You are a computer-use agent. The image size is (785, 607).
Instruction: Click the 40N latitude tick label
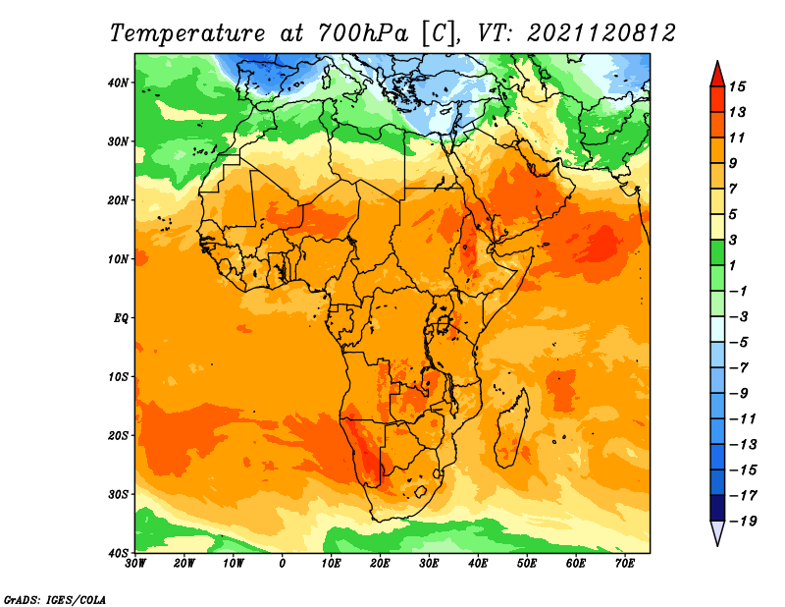[x=118, y=83]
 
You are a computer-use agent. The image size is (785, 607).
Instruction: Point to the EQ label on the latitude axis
[x=121, y=318]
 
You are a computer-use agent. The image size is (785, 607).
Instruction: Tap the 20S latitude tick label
[x=118, y=435]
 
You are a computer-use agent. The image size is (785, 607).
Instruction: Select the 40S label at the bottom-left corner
[x=118, y=553]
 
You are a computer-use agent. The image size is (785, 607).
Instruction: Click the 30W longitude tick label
[x=135, y=564]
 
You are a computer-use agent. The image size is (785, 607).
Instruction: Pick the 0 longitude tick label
[x=283, y=564]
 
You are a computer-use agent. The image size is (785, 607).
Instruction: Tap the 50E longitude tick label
[x=527, y=564]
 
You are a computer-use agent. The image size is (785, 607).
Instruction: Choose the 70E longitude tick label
[x=624, y=564]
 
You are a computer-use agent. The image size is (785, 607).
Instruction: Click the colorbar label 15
[x=737, y=86]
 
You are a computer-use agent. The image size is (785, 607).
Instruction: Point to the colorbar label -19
[x=743, y=521]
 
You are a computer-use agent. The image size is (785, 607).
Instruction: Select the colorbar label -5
[x=739, y=343]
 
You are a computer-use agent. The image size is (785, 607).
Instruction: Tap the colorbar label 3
[x=733, y=240]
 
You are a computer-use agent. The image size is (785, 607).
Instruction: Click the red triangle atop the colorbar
[x=717, y=75]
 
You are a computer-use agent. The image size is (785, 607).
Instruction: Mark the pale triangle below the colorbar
[x=717, y=532]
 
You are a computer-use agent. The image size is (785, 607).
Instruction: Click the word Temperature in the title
[x=186, y=34]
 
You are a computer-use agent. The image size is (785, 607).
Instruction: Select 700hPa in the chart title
[x=362, y=33]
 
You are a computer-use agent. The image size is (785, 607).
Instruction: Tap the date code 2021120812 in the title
[x=601, y=33]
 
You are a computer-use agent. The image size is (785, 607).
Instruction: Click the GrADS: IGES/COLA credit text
[x=55, y=599]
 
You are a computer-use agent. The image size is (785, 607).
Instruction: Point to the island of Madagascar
[x=511, y=428]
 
